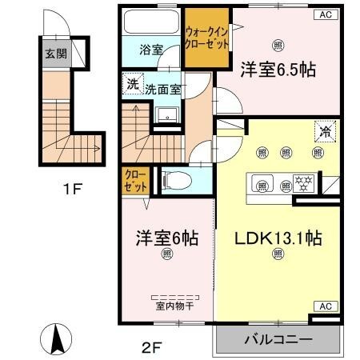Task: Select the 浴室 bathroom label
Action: coord(152,50)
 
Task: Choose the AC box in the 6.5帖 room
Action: coord(326,14)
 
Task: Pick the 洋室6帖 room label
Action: coord(166,238)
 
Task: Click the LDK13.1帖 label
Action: coord(277,238)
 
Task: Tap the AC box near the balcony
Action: coord(326,306)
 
